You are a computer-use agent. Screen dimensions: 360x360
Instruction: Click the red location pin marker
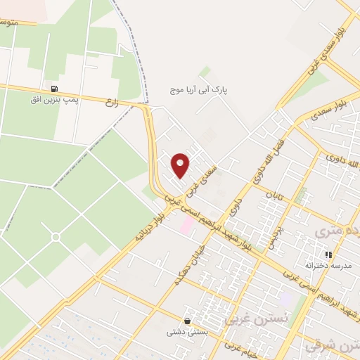click(x=181, y=165)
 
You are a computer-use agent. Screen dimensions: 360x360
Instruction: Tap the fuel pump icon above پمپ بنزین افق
click(x=54, y=89)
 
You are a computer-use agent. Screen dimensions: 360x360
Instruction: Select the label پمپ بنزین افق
click(x=51, y=101)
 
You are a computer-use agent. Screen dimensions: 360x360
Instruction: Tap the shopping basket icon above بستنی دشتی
click(x=186, y=320)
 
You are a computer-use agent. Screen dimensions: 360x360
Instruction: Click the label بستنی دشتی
click(x=187, y=333)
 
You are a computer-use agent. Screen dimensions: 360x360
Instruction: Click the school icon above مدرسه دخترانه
click(x=327, y=255)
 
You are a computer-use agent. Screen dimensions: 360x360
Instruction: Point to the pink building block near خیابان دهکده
click(x=187, y=226)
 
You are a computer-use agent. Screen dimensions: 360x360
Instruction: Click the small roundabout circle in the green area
click(x=55, y=237)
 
